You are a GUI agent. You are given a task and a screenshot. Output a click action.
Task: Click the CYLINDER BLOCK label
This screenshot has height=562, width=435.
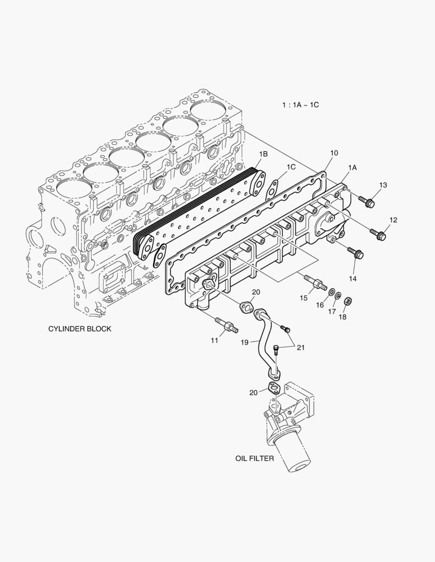(x=80, y=329)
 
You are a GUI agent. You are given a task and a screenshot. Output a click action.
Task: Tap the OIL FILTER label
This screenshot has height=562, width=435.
(x=254, y=459)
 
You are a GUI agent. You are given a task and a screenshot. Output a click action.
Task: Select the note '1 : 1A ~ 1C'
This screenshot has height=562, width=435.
(x=300, y=105)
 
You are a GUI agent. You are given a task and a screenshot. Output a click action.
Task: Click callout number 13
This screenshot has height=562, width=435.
(x=383, y=185)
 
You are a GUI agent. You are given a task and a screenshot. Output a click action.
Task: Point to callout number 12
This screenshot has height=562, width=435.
(x=393, y=220)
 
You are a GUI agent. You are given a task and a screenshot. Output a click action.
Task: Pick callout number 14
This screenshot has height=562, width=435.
(x=353, y=279)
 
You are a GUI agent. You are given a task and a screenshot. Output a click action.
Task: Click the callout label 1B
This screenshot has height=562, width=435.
(x=264, y=154)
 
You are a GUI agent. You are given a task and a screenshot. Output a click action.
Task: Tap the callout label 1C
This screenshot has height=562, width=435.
(x=291, y=167)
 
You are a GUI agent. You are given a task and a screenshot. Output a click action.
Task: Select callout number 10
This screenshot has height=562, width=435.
(x=334, y=152)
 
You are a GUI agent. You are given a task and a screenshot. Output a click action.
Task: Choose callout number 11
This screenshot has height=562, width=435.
(x=214, y=340)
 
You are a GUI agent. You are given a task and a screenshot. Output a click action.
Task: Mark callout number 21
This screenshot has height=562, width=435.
(x=301, y=348)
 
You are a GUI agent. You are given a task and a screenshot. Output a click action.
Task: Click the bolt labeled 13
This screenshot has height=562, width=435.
(x=367, y=201)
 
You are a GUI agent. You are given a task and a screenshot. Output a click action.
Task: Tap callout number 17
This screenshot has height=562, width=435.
(x=332, y=311)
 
